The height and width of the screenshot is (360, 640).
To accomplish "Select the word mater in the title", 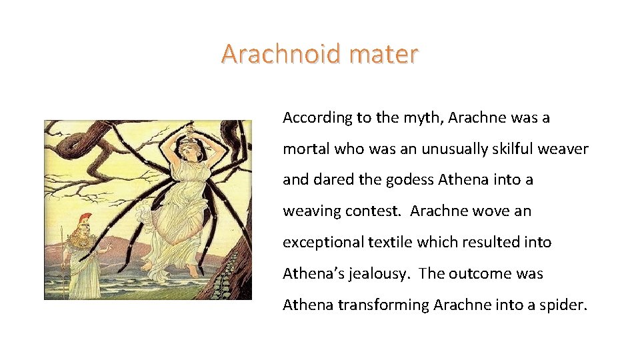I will [387, 53].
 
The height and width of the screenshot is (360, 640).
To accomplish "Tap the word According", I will [317, 118].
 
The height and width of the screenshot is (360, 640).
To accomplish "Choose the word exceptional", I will [323, 242].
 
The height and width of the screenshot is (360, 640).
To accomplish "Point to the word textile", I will [391, 242].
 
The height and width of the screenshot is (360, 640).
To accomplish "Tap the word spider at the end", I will [565, 305].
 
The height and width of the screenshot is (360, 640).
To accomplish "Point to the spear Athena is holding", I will [62, 260].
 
